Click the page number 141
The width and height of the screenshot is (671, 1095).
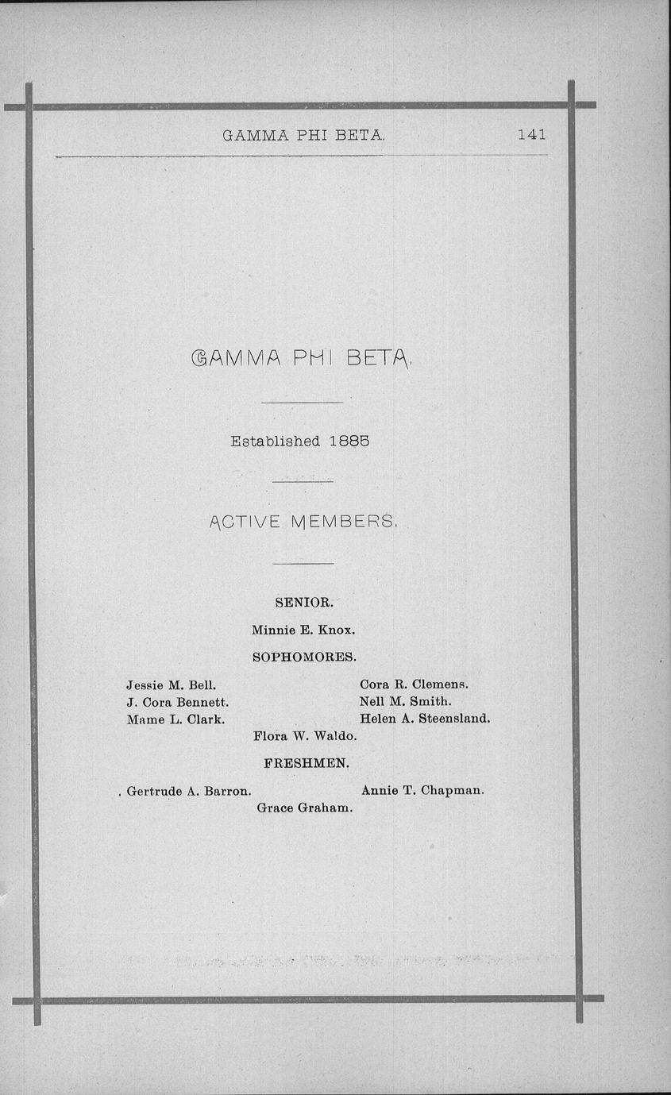(x=531, y=134)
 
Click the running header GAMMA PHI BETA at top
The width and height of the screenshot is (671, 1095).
(x=303, y=135)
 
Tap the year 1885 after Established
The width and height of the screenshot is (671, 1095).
(x=349, y=441)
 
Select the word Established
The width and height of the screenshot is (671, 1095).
(x=276, y=441)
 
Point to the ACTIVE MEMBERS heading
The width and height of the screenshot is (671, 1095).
(x=303, y=522)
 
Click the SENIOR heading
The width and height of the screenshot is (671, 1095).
(x=303, y=603)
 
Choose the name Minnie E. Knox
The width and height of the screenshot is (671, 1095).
(x=303, y=630)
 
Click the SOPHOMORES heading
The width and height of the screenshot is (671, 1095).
(x=304, y=657)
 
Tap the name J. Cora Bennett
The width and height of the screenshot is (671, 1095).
(x=178, y=702)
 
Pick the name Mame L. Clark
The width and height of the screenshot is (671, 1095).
(x=175, y=719)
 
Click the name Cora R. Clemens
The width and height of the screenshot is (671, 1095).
(x=414, y=684)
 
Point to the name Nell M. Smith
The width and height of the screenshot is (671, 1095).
(x=405, y=702)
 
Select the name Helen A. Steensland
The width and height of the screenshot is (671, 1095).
(x=425, y=719)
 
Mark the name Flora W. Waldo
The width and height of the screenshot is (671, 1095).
(x=305, y=737)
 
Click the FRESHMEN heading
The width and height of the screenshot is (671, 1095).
(x=306, y=763)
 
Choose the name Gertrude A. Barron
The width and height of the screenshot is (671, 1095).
(x=189, y=791)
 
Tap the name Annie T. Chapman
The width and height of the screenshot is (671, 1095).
(x=422, y=790)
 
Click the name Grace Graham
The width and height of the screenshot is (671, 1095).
(x=305, y=808)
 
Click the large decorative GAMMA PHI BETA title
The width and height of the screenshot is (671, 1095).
(x=302, y=361)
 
